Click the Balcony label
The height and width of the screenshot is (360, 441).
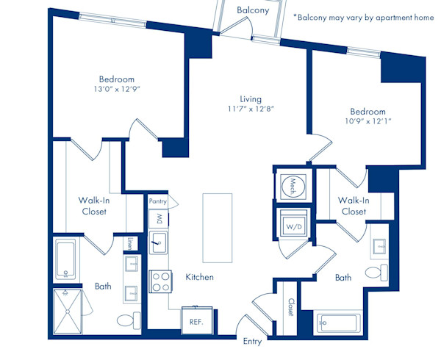[253, 10]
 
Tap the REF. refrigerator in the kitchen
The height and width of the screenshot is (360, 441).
[196, 320]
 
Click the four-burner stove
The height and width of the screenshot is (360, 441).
[160, 281]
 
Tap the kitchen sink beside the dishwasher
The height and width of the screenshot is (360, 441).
[158, 242]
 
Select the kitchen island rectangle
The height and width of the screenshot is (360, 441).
[218, 228]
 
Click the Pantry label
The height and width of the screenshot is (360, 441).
[158, 201]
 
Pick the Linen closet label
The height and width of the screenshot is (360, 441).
[129, 244]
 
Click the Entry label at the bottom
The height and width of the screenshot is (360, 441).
[252, 342]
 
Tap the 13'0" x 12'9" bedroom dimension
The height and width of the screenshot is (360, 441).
[117, 89]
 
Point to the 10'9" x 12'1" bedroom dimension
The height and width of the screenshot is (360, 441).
[368, 121]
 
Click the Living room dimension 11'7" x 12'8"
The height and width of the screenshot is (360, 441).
[251, 109]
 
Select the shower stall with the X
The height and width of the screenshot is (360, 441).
[68, 312]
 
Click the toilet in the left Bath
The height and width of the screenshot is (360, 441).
[129, 320]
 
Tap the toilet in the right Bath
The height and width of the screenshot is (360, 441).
[377, 273]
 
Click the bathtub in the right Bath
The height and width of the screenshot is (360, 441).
[338, 323]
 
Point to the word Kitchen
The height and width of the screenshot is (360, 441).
[199, 278]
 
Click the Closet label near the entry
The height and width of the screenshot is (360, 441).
[290, 307]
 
